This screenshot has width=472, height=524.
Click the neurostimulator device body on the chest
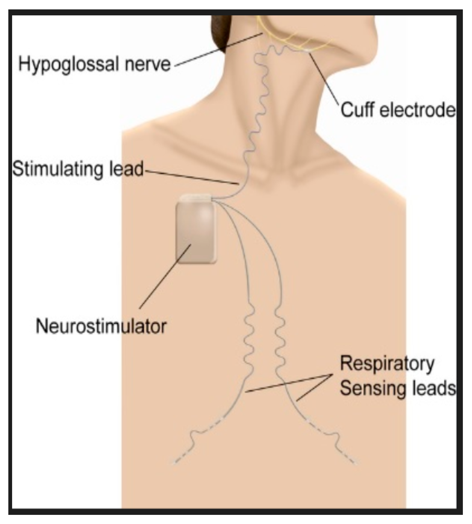[x=195, y=234]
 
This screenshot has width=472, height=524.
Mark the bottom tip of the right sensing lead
[x=356, y=463]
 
